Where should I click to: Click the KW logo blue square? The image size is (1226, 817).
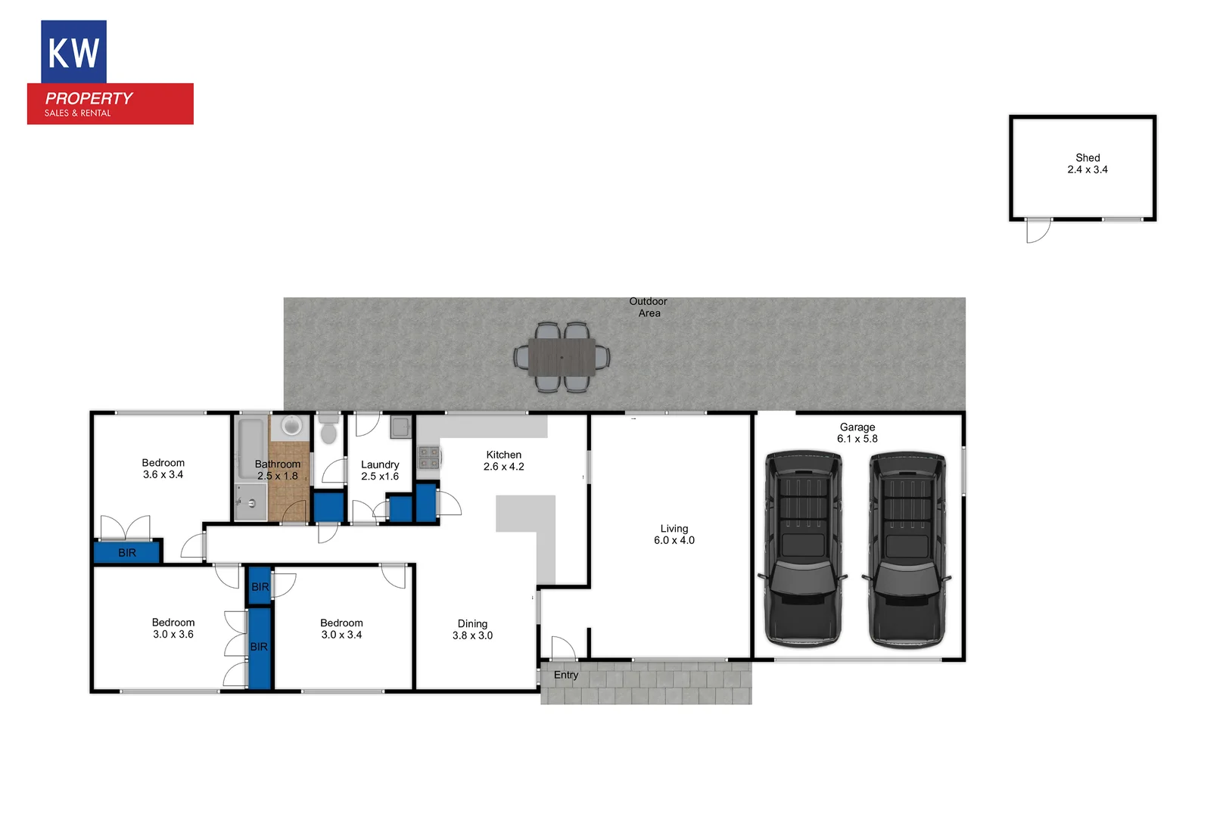(x=73, y=51)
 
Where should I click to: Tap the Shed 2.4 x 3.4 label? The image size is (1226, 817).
(x=1088, y=163)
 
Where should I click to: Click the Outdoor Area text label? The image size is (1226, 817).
(x=649, y=307)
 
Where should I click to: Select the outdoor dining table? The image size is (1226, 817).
(x=562, y=356)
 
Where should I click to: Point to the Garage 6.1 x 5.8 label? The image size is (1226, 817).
(x=857, y=433)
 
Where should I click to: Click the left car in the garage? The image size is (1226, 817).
(x=803, y=548)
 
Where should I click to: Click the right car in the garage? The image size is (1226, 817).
(x=907, y=548)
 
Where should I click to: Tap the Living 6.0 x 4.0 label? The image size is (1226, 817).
(x=674, y=534)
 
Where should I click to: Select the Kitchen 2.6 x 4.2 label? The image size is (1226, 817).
(x=504, y=461)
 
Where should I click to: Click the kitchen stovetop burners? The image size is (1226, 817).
(x=428, y=458)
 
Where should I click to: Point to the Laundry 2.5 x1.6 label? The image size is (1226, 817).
(x=380, y=470)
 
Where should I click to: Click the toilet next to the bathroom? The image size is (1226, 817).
(x=328, y=430)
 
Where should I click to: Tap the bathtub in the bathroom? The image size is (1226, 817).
(x=250, y=449)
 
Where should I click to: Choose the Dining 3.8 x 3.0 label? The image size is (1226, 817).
(x=472, y=629)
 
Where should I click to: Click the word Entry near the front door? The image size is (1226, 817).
(x=566, y=675)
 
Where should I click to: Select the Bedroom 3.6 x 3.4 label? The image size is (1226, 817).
(x=163, y=468)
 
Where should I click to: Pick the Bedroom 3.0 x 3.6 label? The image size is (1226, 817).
(x=173, y=628)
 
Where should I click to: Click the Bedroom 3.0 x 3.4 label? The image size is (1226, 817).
(x=341, y=629)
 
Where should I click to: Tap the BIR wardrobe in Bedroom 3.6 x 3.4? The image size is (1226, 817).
(x=127, y=552)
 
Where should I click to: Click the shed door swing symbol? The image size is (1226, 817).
(x=1038, y=231)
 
